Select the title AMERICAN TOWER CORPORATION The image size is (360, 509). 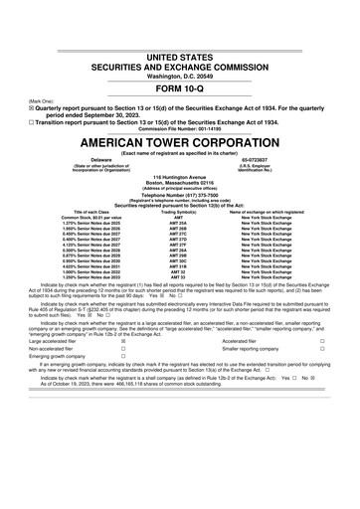(x=180, y=140)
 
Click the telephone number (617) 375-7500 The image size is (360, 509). (x=180, y=195)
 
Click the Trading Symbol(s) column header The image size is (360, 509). (x=179, y=213)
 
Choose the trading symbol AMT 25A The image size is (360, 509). (x=179, y=225)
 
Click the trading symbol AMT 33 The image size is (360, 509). (x=179, y=275)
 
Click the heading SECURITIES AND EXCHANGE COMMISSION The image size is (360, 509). (x=179, y=32)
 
